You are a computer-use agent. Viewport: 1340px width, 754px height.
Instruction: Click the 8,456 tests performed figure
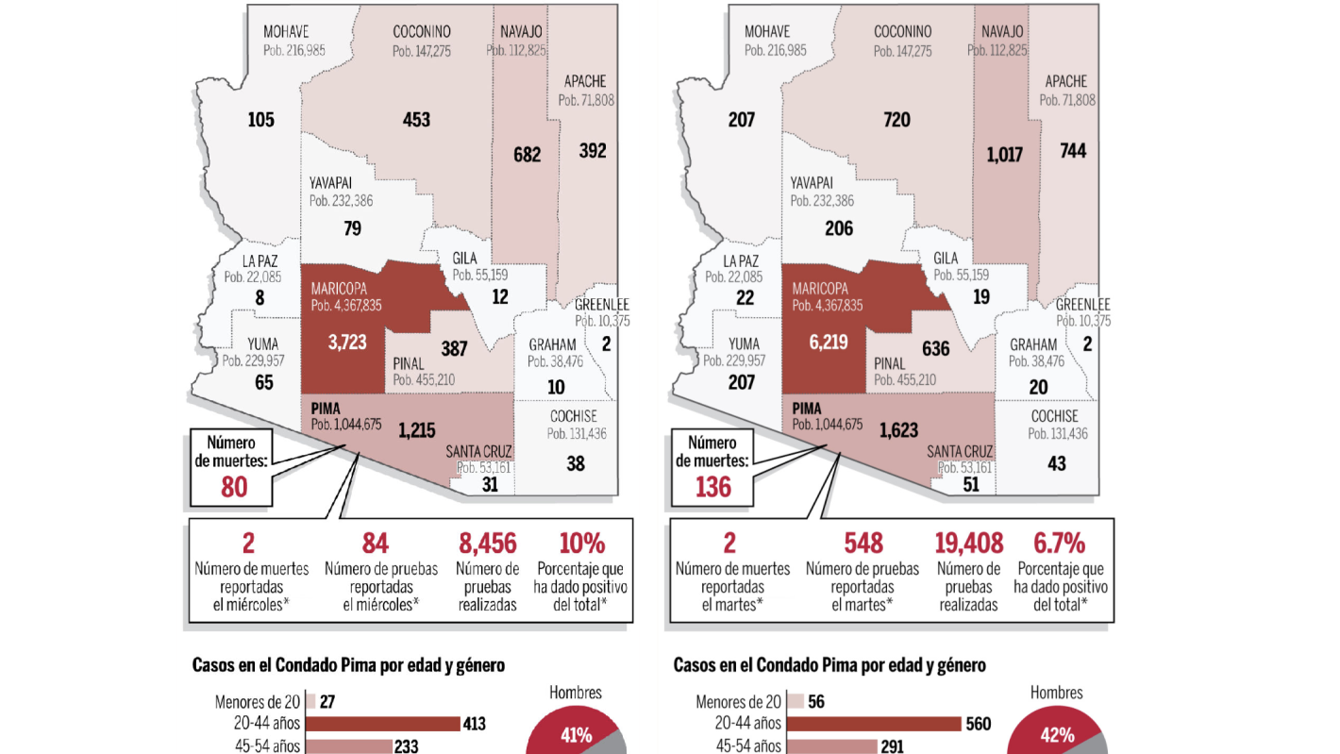click(487, 543)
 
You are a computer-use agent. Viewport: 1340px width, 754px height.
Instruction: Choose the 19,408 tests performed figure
click(969, 543)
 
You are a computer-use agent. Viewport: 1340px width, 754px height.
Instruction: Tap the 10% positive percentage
click(581, 543)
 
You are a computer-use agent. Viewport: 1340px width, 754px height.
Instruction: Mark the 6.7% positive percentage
click(1059, 543)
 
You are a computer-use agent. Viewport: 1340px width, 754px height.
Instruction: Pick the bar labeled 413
click(381, 724)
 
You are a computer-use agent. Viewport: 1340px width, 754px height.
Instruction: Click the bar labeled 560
click(870, 724)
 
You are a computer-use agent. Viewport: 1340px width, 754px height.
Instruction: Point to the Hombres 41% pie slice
click(571, 732)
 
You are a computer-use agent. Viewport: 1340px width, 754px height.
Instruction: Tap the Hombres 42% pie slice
click(1052, 732)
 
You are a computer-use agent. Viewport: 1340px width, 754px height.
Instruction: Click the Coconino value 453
click(416, 120)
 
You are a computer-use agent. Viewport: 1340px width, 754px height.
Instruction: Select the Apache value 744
click(1073, 150)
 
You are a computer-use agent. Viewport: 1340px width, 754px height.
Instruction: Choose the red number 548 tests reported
click(863, 543)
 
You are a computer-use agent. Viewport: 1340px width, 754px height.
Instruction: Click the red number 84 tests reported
click(376, 543)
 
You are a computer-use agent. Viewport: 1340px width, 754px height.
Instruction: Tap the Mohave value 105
click(260, 120)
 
